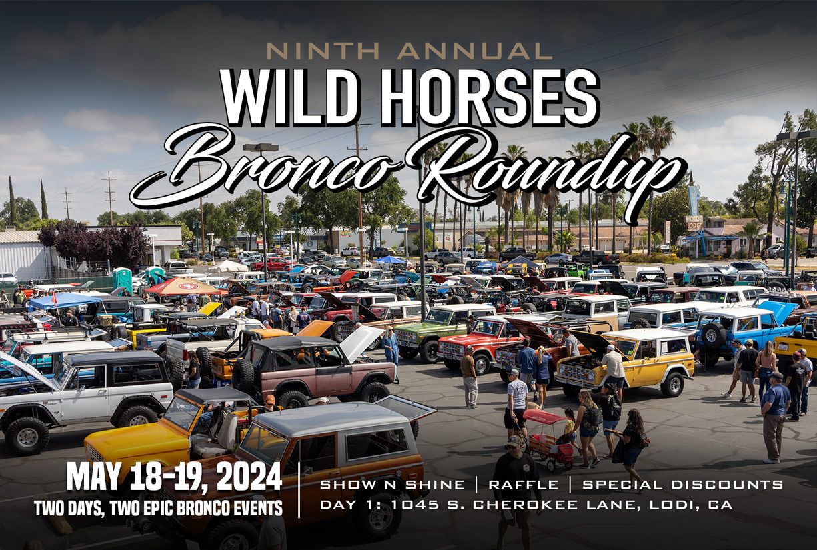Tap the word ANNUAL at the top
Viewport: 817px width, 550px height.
pyautogui.click(x=474, y=51)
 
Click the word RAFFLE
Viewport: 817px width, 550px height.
pyautogui.click(x=524, y=485)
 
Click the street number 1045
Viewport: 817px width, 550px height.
pyautogui.click(x=415, y=505)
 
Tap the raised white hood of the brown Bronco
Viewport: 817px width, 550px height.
pyautogui.click(x=361, y=343)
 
